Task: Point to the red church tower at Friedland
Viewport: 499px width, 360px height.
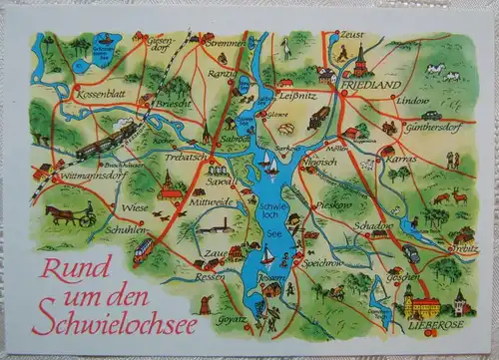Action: pyautogui.click(x=359, y=62)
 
